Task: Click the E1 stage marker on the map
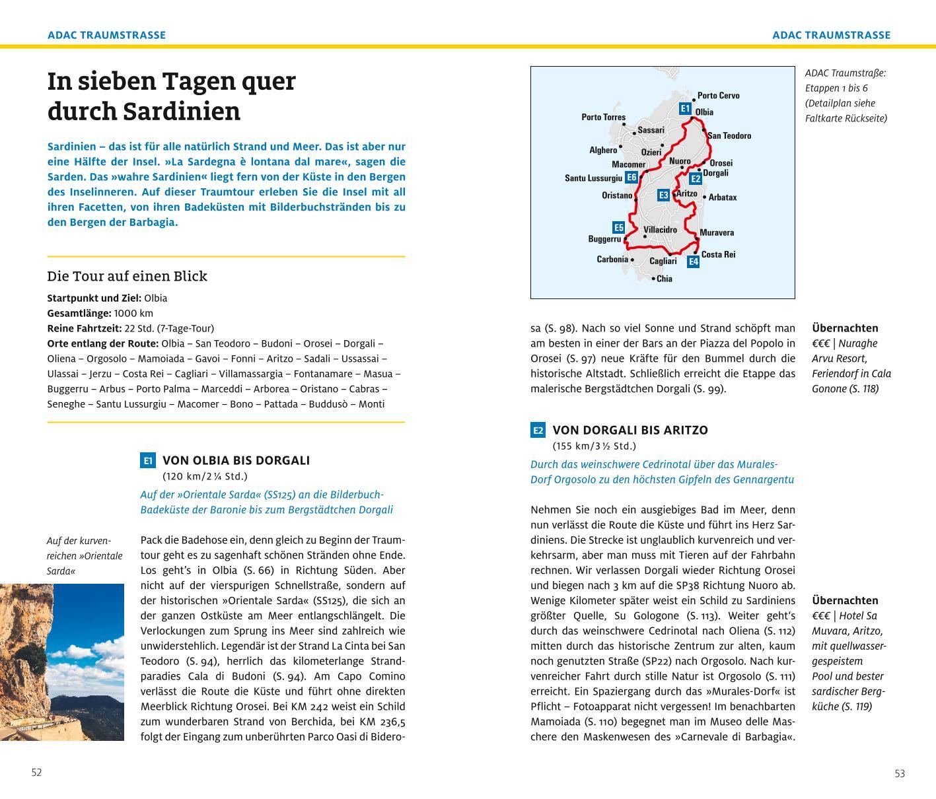tap(685, 109)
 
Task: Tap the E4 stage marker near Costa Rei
tap(693, 261)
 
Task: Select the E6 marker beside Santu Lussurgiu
tap(631, 177)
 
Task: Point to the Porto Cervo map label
tap(718, 96)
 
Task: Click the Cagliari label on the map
tap(663, 261)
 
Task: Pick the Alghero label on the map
tap(603, 150)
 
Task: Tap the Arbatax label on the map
tap(723, 197)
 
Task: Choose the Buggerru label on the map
tap(604, 239)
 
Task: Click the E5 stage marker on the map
tap(618, 227)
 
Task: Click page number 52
tap(36, 773)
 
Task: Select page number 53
tap(900, 773)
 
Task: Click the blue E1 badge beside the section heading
tap(148, 461)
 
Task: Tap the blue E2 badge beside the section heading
tap(538, 431)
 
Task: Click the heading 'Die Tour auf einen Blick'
tap(127, 276)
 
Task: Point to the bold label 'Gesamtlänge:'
tap(79, 313)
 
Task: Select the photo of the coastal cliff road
tap(62, 662)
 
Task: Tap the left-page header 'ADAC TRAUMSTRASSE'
tap(106, 35)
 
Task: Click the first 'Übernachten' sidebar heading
tap(845, 328)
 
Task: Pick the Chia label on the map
tap(664, 279)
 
